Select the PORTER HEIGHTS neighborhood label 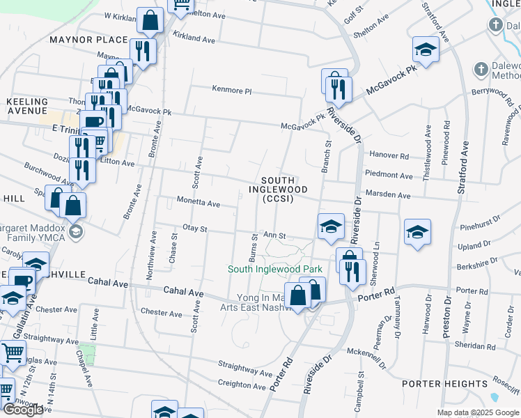click(x=444, y=384)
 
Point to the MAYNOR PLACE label click(x=88, y=40)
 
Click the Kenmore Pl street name click(x=231, y=91)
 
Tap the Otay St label click(x=194, y=228)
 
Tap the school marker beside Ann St click(x=331, y=226)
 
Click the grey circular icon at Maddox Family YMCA click(x=75, y=231)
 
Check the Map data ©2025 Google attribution click(x=478, y=412)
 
